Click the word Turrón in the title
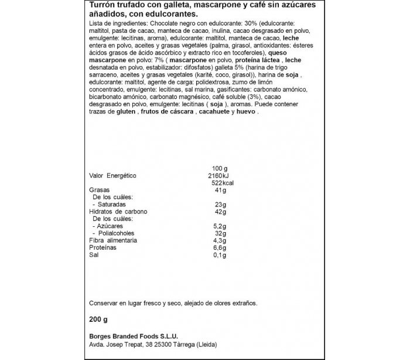click(x=102, y=6)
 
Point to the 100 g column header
click(x=218, y=168)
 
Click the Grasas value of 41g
click(x=221, y=190)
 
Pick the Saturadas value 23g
click(x=221, y=204)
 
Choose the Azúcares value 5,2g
click(x=220, y=226)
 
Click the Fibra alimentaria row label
click(x=113, y=240)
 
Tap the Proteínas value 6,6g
click(x=220, y=247)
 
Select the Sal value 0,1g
click(x=220, y=255)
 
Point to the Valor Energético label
click(x=112, y=175)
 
